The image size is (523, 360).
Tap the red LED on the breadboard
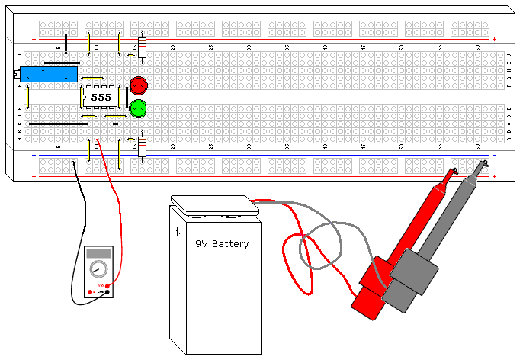tap(138, 85)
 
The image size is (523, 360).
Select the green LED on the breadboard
tap(138, 108)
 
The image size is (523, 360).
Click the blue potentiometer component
tap(47, 75)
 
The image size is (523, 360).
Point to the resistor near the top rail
tap(142, 47)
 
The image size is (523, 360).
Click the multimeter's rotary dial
tap(98, 268)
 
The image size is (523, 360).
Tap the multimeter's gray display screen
tap(98, 253)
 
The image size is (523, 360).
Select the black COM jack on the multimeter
tap(107, 292)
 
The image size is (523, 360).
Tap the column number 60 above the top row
tap(477, 47)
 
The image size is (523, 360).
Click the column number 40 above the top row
tap(326, 47)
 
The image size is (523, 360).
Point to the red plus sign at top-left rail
tap(34, 40)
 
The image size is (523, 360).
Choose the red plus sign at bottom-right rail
tap(495, 178)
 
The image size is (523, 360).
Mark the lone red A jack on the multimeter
tap(91, 292)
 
